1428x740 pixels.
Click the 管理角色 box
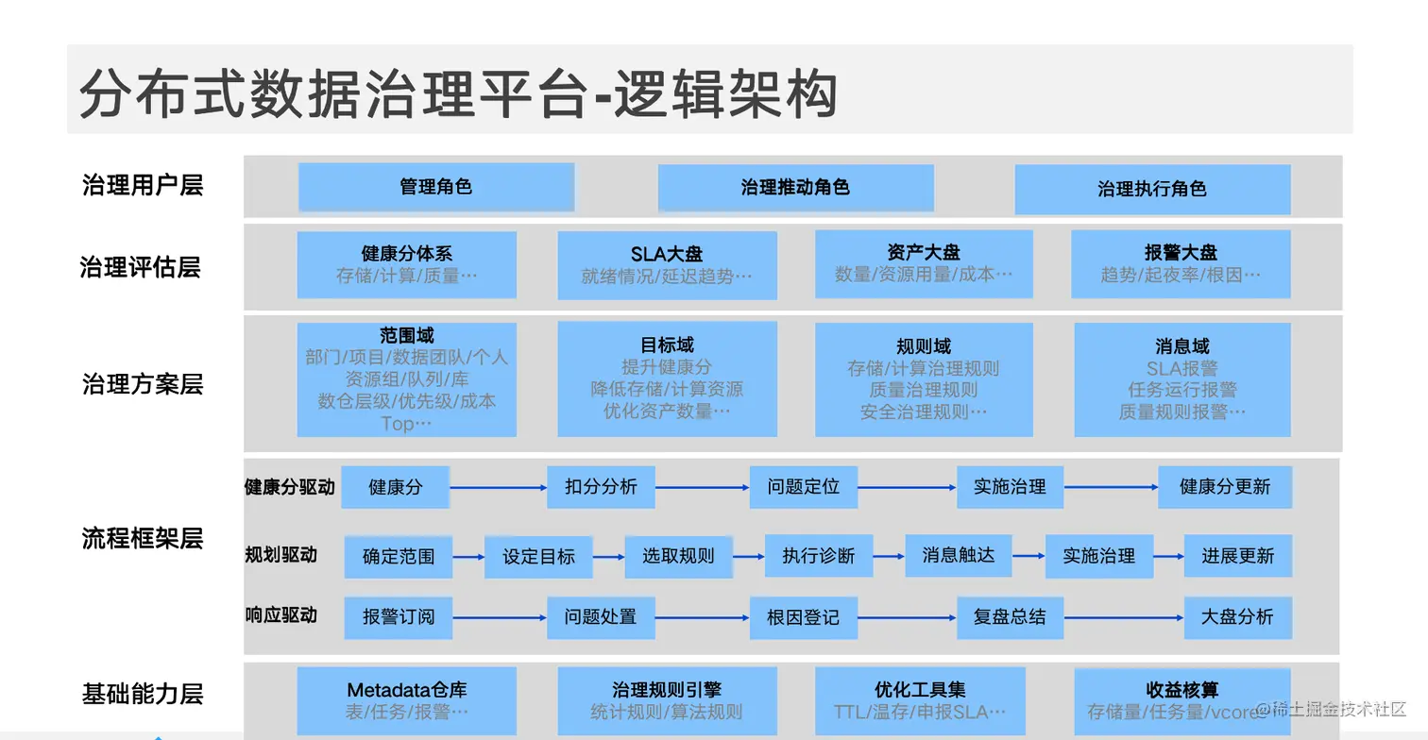coord(436,187)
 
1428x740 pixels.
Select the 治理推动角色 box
coord(795,188)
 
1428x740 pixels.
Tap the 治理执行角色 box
coord(1152,189)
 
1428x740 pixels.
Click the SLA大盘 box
coord(667,265)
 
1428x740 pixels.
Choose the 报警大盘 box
coord(1181,264)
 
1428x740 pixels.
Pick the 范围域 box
coord(406,379)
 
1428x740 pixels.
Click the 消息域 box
coord(1181,379)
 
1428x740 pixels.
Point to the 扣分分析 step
coord(601,487)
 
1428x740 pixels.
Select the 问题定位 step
coord(803,487)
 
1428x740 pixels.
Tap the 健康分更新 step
coord(1224,487)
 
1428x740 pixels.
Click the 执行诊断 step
coord(818,556)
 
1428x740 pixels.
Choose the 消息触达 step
coord(958,556)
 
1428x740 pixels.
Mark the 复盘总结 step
coord(1009,617)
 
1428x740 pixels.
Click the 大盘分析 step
coord(1237,617)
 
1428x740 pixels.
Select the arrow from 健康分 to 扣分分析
coord(499,488)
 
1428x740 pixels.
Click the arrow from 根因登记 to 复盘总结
coord(907,618)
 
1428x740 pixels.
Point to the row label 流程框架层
coord(143,539)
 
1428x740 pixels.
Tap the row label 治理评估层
coord(140,267)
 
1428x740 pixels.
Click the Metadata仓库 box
coord(406,700)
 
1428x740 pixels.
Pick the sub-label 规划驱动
coord(280,555)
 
